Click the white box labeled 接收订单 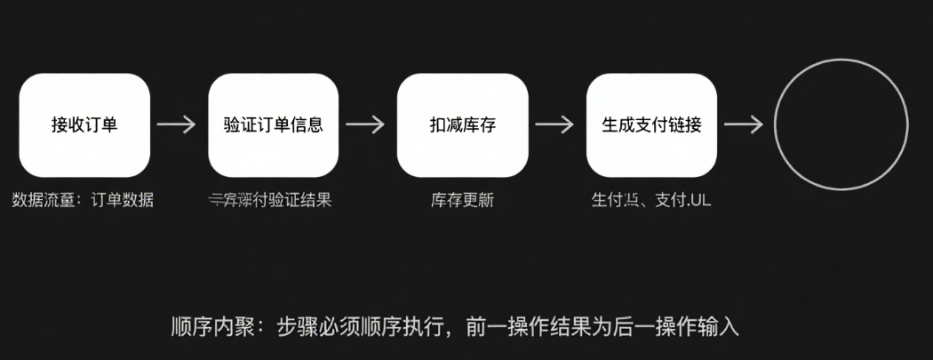pos(84,124)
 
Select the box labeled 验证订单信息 pos(273,124)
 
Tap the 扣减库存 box pos(462,124)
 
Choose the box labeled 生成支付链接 pos(651,124)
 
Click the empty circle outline pos(841,124)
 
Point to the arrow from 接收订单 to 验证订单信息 pos(179,124)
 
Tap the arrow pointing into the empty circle pos(746,124)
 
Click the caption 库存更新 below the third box pos(462,200)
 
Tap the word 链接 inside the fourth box pos(684,124)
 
